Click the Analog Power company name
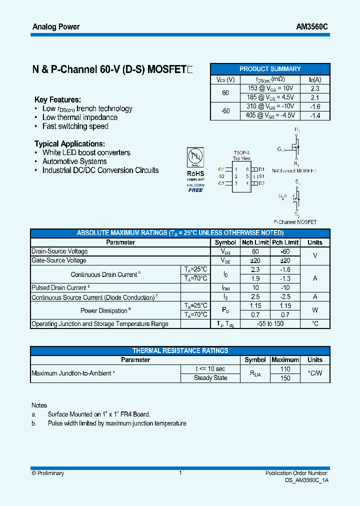tap(56, 26)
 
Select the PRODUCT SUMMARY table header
tap(270, 69)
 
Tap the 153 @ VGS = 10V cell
tap(270, 88)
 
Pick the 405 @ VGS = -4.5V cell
tap(270, 115)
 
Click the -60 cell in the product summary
tap(225, 111)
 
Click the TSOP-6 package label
tap(241, 153)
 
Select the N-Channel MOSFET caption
tap(294, 170)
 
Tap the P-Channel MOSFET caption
tap(295, 222)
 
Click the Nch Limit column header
tap(255, 242)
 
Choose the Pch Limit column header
tap(285, 242)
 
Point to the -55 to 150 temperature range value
tap(270, 324)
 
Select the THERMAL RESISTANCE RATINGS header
tap(180, 350)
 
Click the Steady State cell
tap(210, 378)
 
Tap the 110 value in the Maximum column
tap(285, 369)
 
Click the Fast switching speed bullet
tap(75, 126)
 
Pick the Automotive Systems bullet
tap(74, 161)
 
